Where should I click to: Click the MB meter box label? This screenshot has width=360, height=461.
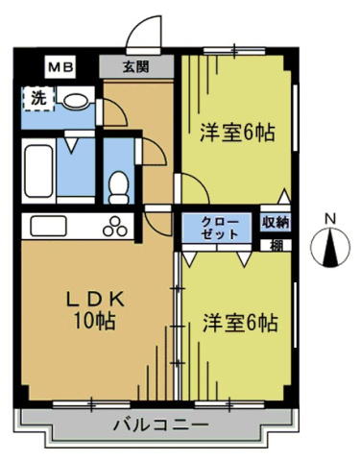60,67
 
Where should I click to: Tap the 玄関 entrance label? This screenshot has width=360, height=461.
136,66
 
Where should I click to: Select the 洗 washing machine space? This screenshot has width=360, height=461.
37,98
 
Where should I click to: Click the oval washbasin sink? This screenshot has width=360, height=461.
76,101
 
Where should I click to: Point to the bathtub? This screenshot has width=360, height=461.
38,171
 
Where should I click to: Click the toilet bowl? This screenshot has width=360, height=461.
118,187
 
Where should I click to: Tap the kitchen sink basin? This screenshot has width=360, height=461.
49,226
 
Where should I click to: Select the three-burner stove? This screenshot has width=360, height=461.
115,227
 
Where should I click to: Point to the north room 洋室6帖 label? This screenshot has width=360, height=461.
237,133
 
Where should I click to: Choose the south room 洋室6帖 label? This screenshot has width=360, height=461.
240,323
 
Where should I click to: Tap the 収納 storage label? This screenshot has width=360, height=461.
276,222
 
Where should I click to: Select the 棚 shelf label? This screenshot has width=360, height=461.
276,246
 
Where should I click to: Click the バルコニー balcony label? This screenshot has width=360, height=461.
161,425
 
